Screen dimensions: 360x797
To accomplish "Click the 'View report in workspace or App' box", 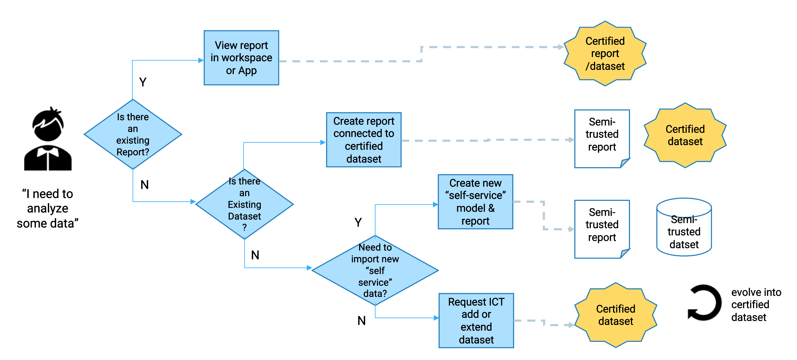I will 241,58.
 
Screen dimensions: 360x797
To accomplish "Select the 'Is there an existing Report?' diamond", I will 133,134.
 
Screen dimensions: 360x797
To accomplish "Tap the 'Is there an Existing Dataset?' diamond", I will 244,204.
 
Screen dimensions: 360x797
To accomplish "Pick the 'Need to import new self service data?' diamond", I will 375,270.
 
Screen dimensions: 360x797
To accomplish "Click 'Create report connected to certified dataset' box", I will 364,140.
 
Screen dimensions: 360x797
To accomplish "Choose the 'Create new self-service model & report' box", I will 476,202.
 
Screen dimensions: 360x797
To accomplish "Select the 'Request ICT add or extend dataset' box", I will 476,321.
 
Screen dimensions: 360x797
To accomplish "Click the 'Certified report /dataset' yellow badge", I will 605,54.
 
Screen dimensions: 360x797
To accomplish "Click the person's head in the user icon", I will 48,125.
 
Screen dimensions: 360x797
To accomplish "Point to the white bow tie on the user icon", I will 48,152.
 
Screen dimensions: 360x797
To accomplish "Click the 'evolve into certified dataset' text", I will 756,305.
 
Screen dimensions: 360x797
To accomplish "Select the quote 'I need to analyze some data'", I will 48,209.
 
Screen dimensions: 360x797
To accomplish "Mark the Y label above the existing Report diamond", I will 143,82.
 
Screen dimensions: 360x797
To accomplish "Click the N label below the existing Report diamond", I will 145,185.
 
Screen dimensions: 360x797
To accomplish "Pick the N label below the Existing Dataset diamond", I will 255,255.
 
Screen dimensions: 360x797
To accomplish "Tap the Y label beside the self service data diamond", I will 358,222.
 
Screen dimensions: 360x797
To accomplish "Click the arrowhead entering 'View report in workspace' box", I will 200,60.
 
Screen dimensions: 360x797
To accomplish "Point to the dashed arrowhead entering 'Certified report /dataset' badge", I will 560,47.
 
